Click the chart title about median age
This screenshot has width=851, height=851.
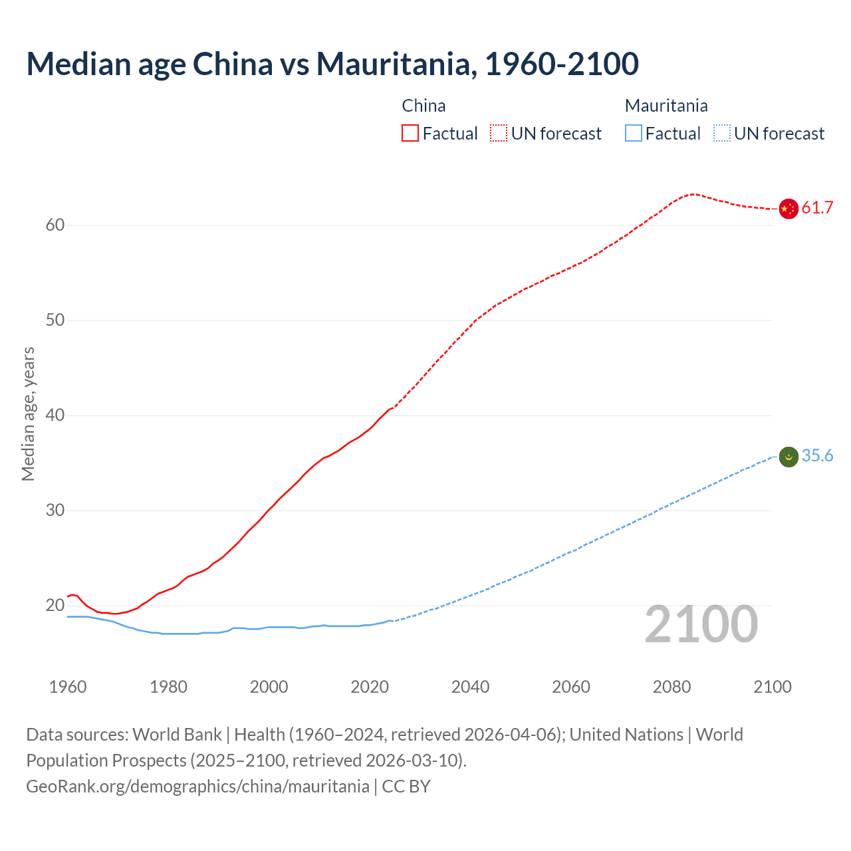pyautogui.click(x=332, y=64)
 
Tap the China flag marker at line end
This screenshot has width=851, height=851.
pyautogui.click(x=788, y=209)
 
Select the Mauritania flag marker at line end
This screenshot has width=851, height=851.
pyautogui.click(x=788, y=457)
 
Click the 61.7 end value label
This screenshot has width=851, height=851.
pyautogui.click(x=817, y=208)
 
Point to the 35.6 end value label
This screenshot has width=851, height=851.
pyautogui.click(x=817, y=456)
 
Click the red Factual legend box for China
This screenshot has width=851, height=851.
pyautogui.click(x=410, y=134)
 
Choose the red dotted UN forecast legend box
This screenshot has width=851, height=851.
pyautogui.click(x=499, y=134)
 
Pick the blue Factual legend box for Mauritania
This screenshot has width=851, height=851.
pyautogui.click(x=634, y=134)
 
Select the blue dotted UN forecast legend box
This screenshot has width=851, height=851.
pyautogui.click(x=722, y=134)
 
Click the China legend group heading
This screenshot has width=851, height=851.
pyautogui.click(x=424, y=106)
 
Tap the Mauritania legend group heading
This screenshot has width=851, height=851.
pyautogui.click(x=666, y=106)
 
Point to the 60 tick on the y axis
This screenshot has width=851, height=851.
pyautogui.click(x=55, y=225)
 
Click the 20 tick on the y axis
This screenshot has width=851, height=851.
pyautogui.click(x=55, y=606)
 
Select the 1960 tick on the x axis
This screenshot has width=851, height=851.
pyautogui.click(x=68, y=687)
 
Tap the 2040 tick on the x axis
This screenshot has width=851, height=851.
pyautogui.click(x=470, y=687)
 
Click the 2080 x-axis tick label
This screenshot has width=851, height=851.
pyautogui.click(x=671, y=687)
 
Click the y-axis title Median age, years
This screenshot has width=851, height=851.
pyautogui.click(x=28, y=414)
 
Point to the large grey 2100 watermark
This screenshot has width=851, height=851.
pyautogui.click(x=701, y=624)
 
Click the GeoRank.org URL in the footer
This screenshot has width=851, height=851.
pyautogui.click(x=197, y=787)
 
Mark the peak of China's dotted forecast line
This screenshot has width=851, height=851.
pyautogui.click(x=693, y=194)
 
